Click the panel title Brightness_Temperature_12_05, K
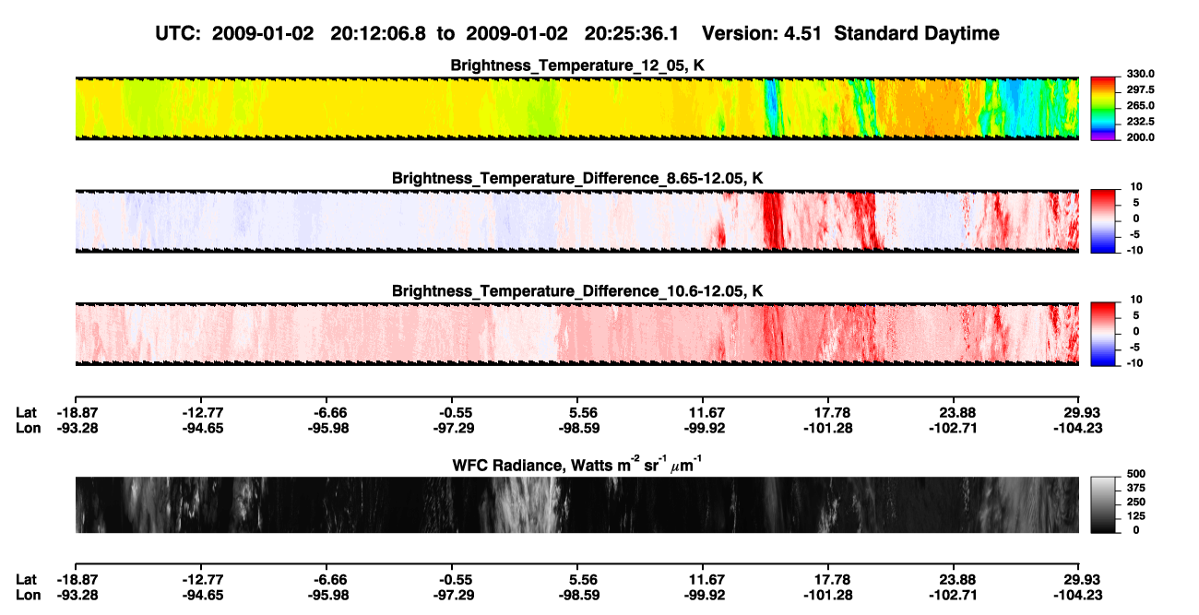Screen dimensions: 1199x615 (577, 65)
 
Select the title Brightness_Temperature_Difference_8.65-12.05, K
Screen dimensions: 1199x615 (577, 178)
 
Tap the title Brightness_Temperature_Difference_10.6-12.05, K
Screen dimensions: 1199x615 (577, 291)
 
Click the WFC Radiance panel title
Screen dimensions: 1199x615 (577, 464)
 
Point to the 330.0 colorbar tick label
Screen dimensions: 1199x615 (1140, 74)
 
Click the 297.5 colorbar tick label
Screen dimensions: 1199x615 (1140, 90)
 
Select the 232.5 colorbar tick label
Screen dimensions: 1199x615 (1140, 122)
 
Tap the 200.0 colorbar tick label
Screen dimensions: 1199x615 (1140, 137)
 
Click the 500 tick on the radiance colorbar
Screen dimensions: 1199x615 (1136, 474)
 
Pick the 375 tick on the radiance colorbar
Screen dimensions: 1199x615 (1136, 488)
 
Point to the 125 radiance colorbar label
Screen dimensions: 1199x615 (1136, 516)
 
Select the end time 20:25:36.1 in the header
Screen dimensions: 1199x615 (632, 33)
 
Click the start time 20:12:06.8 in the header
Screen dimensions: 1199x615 (378, 33)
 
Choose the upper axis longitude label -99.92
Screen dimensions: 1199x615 (705, 428)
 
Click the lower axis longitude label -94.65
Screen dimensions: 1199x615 (203, 596)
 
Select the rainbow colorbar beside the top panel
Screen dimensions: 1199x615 (1103, 109)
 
